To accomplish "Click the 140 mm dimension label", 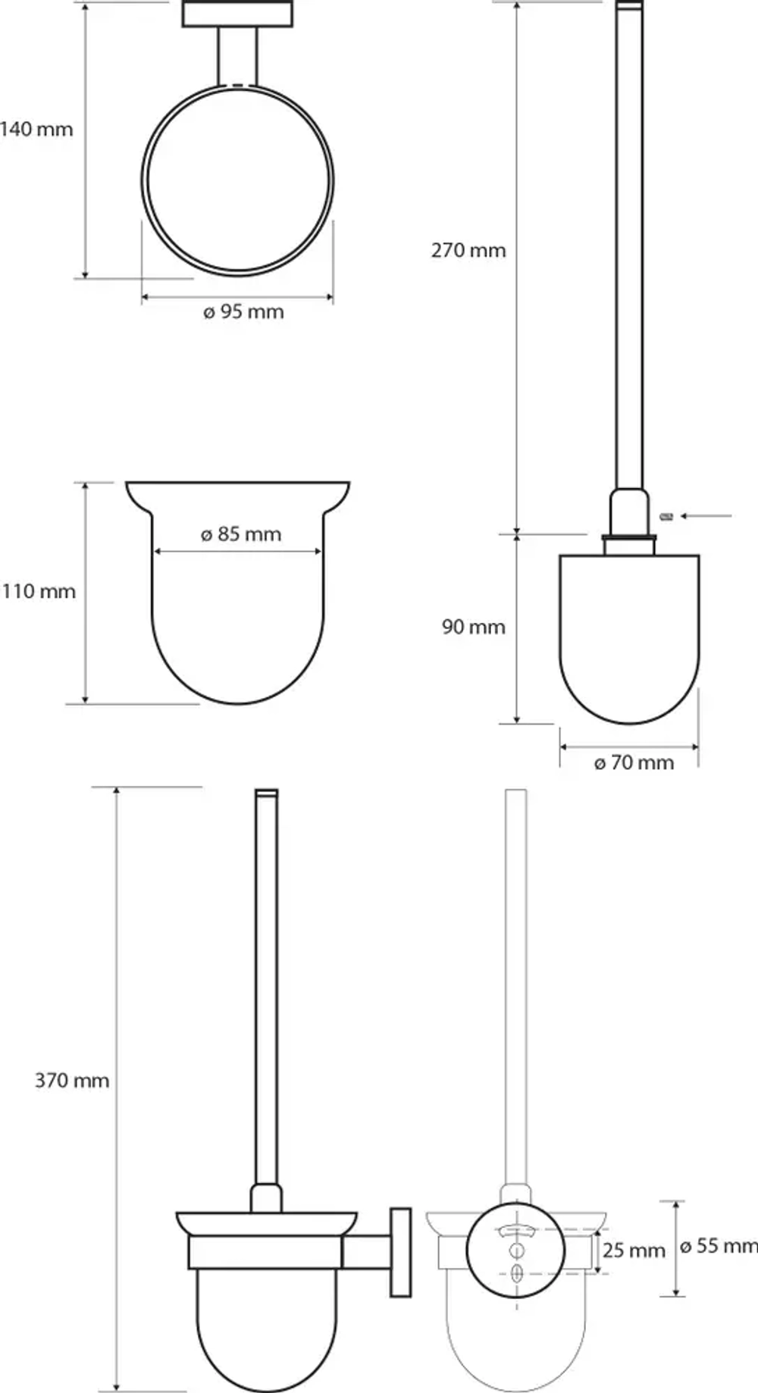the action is [36, 129].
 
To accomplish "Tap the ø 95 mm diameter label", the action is [243, 311].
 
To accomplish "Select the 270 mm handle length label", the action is [468, 250].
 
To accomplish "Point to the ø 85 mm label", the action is [241, 534].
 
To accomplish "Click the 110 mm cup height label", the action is [39, 591].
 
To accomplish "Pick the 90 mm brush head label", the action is [474, 627].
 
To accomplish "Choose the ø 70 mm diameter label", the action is [634, 762].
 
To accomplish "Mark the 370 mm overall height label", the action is [72, 1080].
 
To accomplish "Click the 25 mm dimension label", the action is [634, 1250].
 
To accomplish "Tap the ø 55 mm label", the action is [719, 1246].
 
